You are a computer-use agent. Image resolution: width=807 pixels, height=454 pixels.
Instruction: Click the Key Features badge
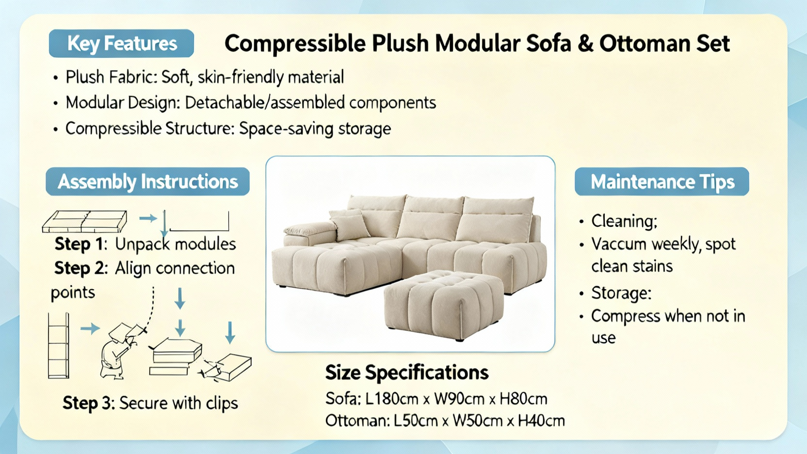[x=122, y=43]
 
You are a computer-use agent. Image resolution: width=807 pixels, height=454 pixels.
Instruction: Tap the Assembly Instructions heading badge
[x=148, y=182]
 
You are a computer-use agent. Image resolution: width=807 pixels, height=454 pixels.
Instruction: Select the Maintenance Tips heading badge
[x=662, y=182]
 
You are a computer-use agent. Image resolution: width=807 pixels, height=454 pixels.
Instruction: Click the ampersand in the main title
[x=585, y=43]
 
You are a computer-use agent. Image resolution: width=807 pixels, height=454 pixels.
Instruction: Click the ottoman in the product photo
[x=444, y=305]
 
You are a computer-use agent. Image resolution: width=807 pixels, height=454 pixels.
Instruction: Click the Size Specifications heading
[x=407, y=373]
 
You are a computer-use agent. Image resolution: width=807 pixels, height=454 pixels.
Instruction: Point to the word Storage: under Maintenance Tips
[x=621, y=293]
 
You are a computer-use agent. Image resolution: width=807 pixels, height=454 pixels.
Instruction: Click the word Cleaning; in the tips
[x=624, y=221]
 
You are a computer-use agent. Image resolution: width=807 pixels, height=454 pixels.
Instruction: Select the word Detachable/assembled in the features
[x=264, y=103]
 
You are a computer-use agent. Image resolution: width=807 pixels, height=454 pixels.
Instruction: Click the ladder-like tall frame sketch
[x=59, y=346]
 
